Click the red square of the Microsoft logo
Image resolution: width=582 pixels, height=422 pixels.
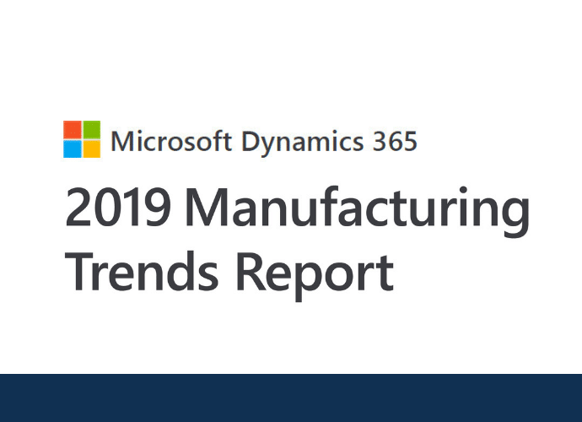pos(73,130)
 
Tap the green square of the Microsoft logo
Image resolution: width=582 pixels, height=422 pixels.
pos(91,130)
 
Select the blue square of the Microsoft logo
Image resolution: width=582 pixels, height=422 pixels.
pos(73,149)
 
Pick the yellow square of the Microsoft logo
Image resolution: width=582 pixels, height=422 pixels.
pos(91,149)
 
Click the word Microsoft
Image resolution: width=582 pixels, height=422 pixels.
pos(171,141)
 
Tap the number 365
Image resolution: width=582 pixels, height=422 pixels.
pos(395,142)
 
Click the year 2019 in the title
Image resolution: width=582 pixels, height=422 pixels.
pos(118,207)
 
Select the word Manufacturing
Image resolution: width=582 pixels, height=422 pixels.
pos(358,211)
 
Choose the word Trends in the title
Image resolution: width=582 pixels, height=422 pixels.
pos(142,272)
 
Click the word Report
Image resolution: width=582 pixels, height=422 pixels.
pos(315,276)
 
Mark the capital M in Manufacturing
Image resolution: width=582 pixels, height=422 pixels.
pos(207,207)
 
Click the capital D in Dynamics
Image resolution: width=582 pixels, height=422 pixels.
pos(251,141)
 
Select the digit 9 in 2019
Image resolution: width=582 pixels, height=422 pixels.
pos(158,207)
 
